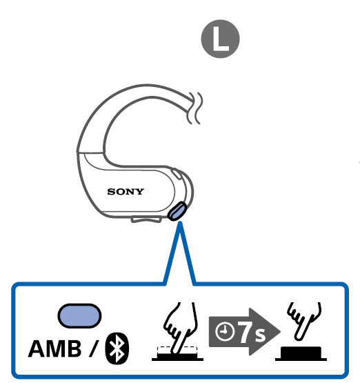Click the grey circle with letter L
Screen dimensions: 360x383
(x=220, y=39)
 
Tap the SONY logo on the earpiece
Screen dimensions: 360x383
(x=126, y=192)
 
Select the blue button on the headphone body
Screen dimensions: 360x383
(x=177, y=211)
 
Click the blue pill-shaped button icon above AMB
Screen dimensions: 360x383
(x=79, y=315)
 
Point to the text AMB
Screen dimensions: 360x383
(x=54, y=348)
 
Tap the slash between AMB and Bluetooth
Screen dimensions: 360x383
(x=94, y=348)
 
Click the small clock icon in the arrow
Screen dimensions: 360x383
(x=225, y=331)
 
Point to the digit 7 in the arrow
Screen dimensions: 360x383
(x=246, y=332)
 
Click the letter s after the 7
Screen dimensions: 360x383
(x=260, y=335)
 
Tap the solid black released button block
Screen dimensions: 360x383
(x=301, y=353)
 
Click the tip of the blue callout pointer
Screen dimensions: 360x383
(x=180, y=222)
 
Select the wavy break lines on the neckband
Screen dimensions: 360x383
(x=195, y=108)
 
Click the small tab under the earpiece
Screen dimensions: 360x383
(x=146, y=219)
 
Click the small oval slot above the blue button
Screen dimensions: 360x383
(x=177, y=174)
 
